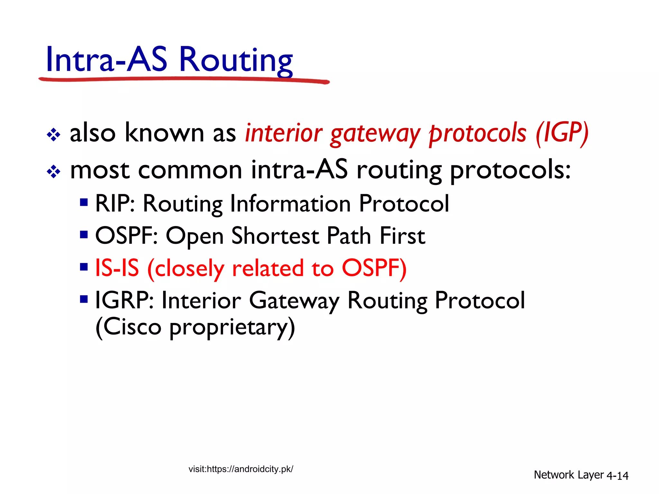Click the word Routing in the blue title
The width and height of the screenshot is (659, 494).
[236, 60]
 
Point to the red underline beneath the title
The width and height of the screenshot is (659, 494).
[183, 79]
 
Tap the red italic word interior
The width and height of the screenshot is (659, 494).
[283, 133]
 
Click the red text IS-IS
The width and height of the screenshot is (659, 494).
[117, 268]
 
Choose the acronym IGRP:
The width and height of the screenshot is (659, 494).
[124, 300]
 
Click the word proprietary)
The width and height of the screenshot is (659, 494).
[232, 328]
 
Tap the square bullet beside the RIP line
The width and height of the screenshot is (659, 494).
[84, 202]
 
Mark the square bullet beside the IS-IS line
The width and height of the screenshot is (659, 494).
[84, 267]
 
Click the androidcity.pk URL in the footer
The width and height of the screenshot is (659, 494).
[241, 469]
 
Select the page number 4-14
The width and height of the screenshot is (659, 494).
[617, 476]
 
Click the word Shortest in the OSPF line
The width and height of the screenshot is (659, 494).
[275, 236]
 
